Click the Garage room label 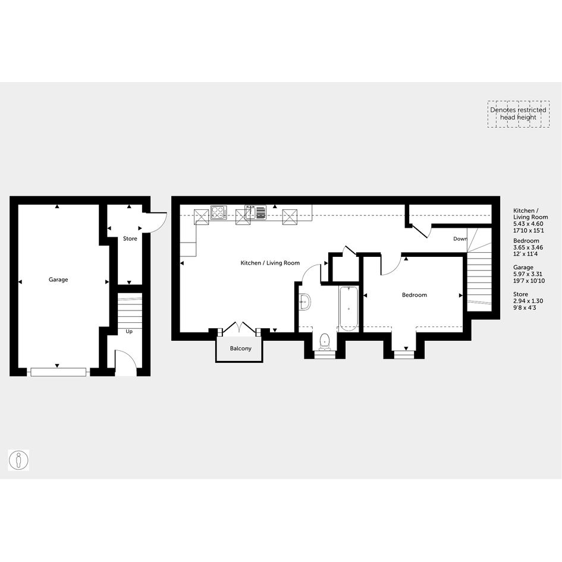coord(58,280)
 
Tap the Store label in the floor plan coord(130,238)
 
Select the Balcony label coord(241,348)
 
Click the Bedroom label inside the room coord(415,295)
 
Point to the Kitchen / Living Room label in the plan coord(270,263)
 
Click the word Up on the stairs coord(129,331)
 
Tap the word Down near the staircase coord(460,238)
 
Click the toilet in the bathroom coord(325,341)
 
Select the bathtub coord(348,309)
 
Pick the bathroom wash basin coord(305,302)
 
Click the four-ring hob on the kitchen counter coord(219,212)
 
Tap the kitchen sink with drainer coord(256,212)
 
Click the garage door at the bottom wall coord(58,372)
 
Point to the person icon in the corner coord(18,460)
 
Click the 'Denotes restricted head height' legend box coord(518,114)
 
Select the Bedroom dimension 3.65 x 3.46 coord(528,247)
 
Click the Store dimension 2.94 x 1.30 coord(528,301)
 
